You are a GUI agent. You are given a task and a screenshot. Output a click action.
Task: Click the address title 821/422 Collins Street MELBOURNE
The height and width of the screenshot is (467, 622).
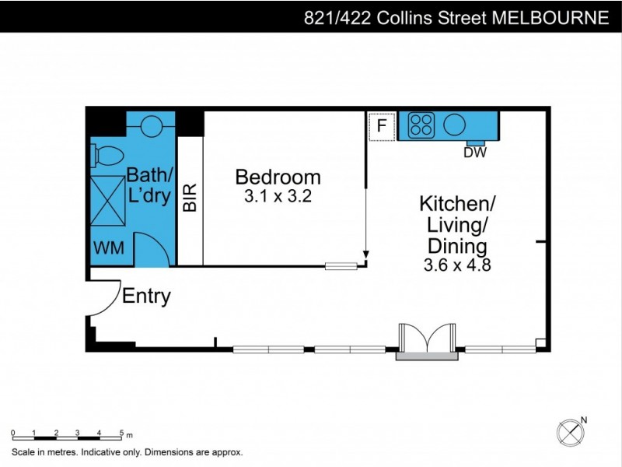coord(456,17)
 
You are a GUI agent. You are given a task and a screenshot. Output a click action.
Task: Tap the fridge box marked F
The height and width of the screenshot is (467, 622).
coord(381,125)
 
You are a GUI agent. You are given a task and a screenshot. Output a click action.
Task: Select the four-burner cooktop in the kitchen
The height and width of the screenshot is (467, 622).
coord(421,125)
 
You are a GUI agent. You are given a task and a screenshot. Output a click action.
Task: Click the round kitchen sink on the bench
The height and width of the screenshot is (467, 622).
coord(454,125)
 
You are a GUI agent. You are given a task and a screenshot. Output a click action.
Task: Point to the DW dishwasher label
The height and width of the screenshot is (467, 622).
coord(475,153)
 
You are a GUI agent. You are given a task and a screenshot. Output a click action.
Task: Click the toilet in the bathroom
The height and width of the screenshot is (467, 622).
coord(102,156)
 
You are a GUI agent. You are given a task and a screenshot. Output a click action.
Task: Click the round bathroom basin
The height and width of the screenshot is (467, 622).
coord(152,124)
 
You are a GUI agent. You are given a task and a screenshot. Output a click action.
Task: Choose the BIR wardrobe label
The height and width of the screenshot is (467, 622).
coord(190,198)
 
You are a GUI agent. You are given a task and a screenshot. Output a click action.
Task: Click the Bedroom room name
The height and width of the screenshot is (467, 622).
coord(278,177)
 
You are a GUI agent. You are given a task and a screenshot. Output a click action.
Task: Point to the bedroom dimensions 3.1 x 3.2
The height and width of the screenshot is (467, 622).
coord(278,196)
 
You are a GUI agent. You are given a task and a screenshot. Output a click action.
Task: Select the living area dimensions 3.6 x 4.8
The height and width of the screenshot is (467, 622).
coord(457,265)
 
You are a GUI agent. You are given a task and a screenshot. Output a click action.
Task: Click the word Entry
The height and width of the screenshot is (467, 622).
coord(146,296)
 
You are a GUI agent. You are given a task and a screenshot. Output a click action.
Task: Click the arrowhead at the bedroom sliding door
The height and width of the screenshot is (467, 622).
coord(365,255)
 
